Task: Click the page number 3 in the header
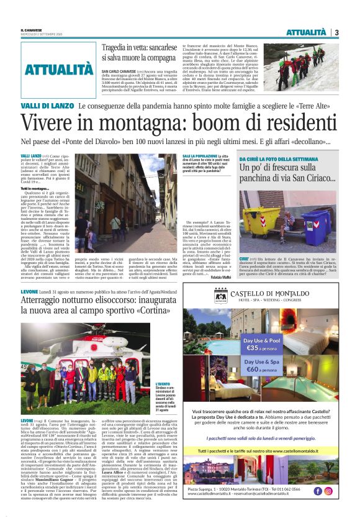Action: pyautogui.click(x=336, y=32)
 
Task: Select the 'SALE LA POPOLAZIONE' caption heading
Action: pyautogui.click(x=199, y=156)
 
